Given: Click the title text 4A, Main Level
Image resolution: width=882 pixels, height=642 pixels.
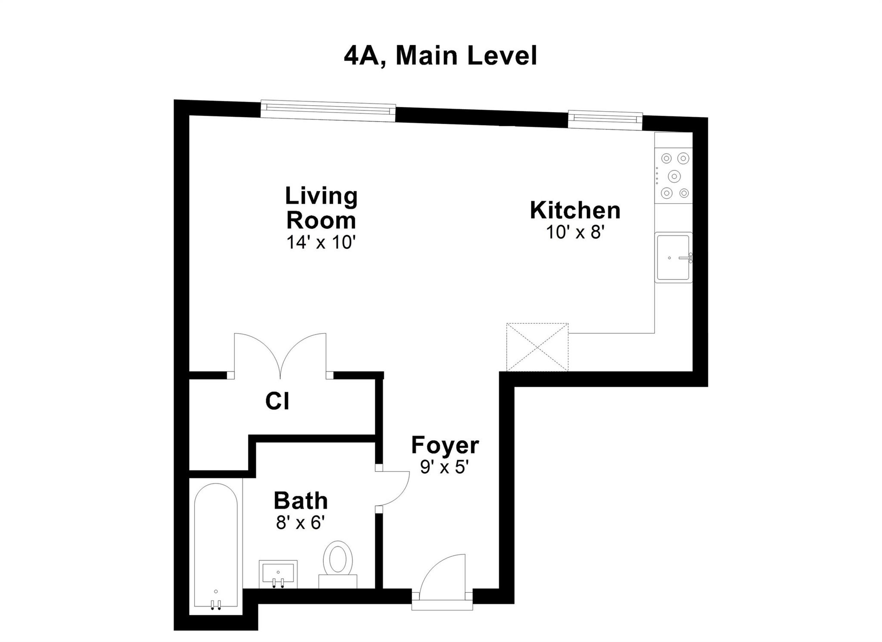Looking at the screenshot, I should (x=440, y=56).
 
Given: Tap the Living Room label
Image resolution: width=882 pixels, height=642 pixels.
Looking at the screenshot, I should (x=321, y=208).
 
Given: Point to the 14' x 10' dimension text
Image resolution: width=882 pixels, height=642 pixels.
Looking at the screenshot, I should (x=321, y=242).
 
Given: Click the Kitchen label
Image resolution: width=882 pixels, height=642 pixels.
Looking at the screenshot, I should (x=575, y=210).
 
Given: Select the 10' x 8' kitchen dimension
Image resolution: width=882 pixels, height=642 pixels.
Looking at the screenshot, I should (x=575, y=232).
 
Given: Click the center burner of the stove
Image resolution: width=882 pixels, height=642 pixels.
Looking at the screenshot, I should (x=674, y=176).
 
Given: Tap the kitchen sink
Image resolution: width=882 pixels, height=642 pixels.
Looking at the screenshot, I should (x=673, y=257).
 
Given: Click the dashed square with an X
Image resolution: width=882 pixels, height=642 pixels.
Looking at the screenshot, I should (x=537, y=347).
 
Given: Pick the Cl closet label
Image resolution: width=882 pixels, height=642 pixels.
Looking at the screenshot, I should (x=277, y=401).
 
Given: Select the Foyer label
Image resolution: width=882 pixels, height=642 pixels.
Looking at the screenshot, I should (x=445, y=445).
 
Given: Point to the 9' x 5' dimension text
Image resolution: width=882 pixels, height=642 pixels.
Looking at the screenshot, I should (x=444, y=467).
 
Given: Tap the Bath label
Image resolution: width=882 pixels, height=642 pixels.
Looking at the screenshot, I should (x=301, y=501).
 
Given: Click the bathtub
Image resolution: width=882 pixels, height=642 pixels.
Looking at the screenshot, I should (x=215, y=545).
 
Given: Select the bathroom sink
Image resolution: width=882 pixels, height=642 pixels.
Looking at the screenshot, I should (x=278, y=573).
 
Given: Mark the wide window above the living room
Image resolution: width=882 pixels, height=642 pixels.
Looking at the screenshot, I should (x=328, y=110).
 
